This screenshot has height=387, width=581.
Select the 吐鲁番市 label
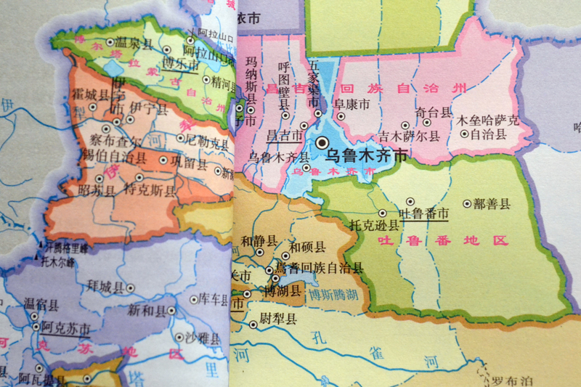tap(423, 213)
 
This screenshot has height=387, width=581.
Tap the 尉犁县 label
tap(278, 320)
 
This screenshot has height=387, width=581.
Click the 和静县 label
tap(259, 240)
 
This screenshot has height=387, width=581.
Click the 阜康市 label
tap(352, 104)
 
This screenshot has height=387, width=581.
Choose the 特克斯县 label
tap(150, 192)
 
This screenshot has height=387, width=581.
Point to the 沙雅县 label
tap(203, 339)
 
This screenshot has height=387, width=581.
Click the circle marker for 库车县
tap(194, 299)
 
